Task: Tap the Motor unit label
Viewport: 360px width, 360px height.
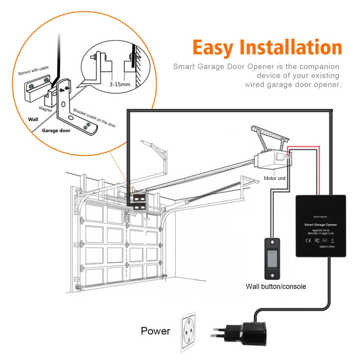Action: tap(275, 178)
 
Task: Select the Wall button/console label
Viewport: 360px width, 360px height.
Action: tap(275, 286)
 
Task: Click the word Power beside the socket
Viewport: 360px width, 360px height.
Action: tap(156, 331)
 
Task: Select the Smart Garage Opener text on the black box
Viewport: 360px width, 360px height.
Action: tap(320, 224)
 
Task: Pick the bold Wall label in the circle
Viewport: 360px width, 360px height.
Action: tap(34, 120)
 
